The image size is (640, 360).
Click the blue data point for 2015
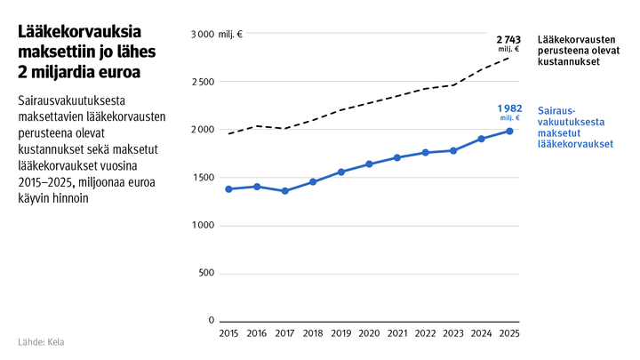228,189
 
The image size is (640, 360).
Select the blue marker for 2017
284,191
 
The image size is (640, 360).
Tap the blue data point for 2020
369,164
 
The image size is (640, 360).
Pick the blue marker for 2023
453,150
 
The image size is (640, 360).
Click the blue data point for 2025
509,132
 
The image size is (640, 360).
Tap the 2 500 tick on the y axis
204,82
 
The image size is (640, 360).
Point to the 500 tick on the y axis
206,273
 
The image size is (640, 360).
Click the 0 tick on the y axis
212,320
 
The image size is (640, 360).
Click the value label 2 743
508,41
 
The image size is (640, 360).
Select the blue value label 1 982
508,108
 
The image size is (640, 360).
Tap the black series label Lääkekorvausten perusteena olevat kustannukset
580,52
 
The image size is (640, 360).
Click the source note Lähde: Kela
41,342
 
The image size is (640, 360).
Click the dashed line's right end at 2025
509,57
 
